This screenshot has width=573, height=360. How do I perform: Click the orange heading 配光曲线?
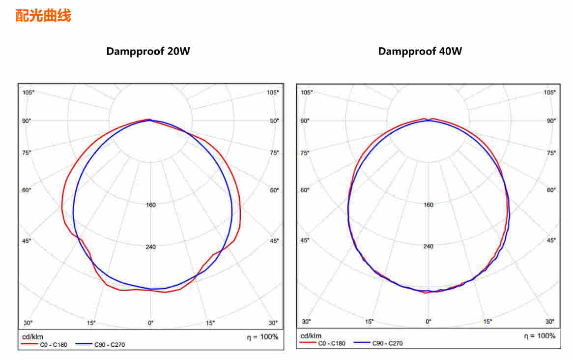coord(43,16)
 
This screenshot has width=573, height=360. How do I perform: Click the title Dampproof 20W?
coord(148,51)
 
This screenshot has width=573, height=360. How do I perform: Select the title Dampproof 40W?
coord(420,51)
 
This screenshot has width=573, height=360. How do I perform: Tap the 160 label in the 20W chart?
coord(151,205)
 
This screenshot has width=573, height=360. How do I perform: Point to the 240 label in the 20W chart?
coord(151,247)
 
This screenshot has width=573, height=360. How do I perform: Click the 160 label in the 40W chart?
coord(429,205)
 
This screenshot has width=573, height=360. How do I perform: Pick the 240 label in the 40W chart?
coord(429,246)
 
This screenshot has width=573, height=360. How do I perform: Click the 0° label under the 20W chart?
coord(151,323)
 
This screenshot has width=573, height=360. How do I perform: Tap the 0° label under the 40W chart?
coord(429,322)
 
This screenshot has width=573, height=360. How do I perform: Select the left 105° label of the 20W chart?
coord(28,92)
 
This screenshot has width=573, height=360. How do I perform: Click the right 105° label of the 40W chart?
coord(550,92)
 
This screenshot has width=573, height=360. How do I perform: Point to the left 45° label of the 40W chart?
coord(305,240)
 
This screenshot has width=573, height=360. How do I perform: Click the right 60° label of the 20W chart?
coord(274,190)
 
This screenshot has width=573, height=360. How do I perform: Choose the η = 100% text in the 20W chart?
coord(262,337)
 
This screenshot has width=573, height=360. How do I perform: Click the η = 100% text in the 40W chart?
coord(540,336)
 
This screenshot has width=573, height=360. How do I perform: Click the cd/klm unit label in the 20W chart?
coord(33,337)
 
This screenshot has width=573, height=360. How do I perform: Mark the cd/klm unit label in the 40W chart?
coord(311,336)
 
